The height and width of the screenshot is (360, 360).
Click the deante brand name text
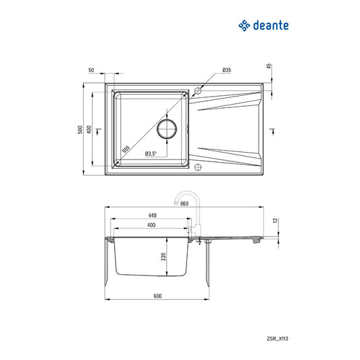tap(271, 25)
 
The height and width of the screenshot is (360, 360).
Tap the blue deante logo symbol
tap(244, 26)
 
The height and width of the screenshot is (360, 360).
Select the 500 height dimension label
tap(80, 130)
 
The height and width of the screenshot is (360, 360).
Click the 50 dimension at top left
tap(91, 70)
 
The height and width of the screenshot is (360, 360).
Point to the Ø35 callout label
tap(227, 70)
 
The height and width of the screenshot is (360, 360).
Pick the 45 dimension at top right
tap(269, 67)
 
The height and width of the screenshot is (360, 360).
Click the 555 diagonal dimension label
tap(126, 149)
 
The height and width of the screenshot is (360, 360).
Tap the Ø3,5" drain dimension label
tap(151, 153)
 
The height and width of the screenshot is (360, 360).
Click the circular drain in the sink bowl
tap(167, 129)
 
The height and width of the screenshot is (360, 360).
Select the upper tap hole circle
tap(198, 91)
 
